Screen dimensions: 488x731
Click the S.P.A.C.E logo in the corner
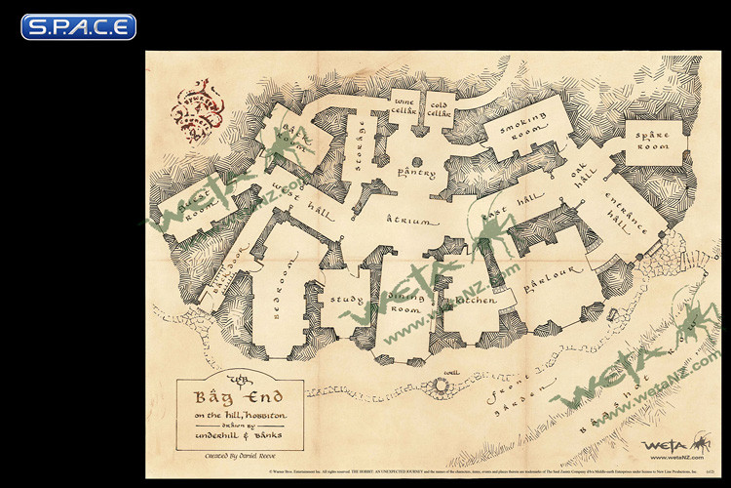78,26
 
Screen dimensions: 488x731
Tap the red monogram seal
201,114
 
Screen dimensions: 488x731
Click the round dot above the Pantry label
416,160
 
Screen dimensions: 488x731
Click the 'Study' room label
346,301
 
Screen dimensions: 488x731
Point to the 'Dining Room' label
404,302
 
